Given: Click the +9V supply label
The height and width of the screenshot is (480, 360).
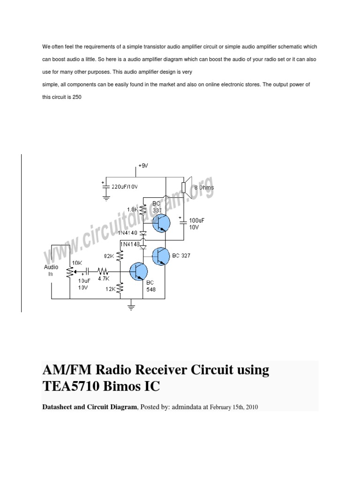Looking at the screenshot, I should [x=142, y=166].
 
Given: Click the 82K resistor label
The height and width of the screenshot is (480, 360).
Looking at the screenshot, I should [x=109, y=256].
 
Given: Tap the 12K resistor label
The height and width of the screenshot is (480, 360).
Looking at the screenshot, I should [x=110, y=289].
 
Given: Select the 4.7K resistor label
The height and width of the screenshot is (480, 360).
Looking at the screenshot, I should [x=103, y=278].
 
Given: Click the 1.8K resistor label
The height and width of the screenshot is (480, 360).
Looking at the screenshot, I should [x=133, y=210].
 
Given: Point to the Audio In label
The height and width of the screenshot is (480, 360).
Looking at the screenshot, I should [x=51, y=270].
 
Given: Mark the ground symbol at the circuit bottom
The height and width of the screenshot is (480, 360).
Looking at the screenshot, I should [x=132, y=307].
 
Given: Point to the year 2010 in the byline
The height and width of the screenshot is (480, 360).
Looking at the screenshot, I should [x=251, y=407].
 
